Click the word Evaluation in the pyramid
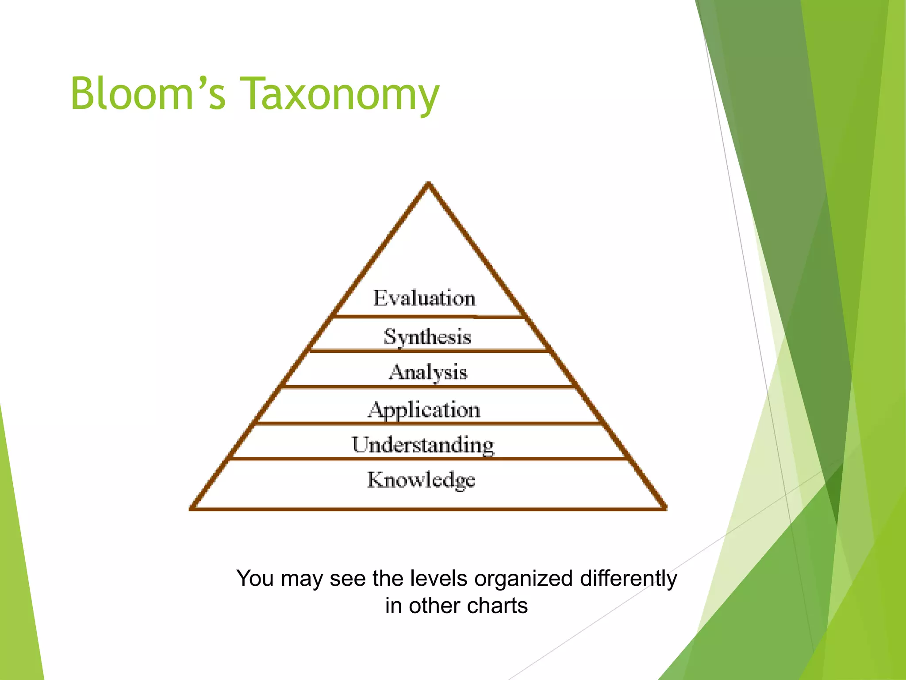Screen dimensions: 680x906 click(424, 298)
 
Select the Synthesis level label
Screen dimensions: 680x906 click(427, 336)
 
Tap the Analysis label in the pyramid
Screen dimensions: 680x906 click(428, 372)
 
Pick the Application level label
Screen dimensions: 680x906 click(424, 410)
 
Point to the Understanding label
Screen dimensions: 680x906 click(423, 444)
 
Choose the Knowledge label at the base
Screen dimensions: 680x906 click(421, 480)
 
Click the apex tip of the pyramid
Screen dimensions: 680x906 click(428, 184)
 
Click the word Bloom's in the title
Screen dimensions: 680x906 click(148, 93)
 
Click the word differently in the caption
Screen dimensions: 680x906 click(628, 578)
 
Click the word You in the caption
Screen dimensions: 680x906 click(255, 578)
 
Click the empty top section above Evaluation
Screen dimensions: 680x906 click(428, 248)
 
